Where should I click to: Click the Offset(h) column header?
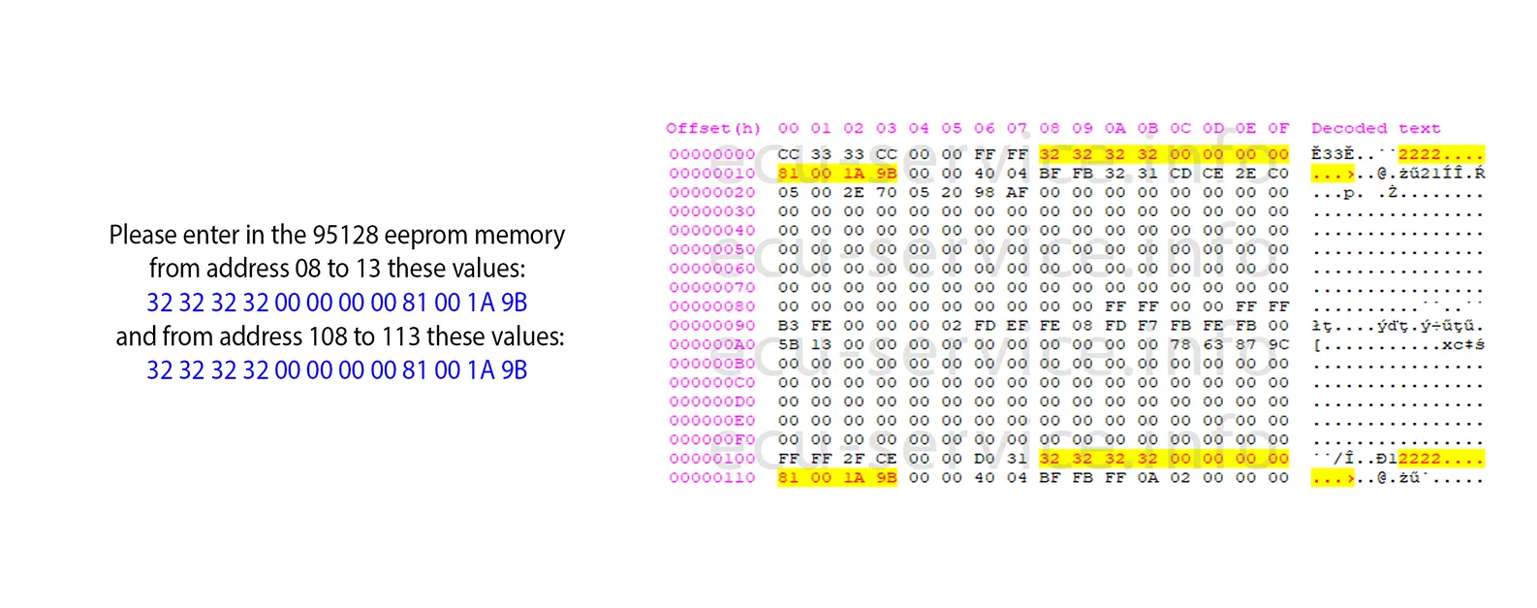pos(713,129)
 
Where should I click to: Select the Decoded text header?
pos(1375,129)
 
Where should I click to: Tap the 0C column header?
pos(1180,129)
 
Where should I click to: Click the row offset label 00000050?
pos(712,249)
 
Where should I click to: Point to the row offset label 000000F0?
pos(712,439)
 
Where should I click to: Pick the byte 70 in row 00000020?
pos(886,192)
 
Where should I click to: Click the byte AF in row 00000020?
pos(1017,192)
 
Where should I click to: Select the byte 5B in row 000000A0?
pos(789,344)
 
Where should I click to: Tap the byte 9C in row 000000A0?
pos(1278,344)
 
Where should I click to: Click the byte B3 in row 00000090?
pos(789,326)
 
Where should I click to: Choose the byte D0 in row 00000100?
pos(984,459)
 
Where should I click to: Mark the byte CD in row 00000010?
pos(1180,174)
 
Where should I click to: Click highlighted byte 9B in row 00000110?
pos(886,478)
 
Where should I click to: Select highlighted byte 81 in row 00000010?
pos(789,174)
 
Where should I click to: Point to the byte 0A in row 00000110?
pos(1147,478)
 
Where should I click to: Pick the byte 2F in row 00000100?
pos(854,459)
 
